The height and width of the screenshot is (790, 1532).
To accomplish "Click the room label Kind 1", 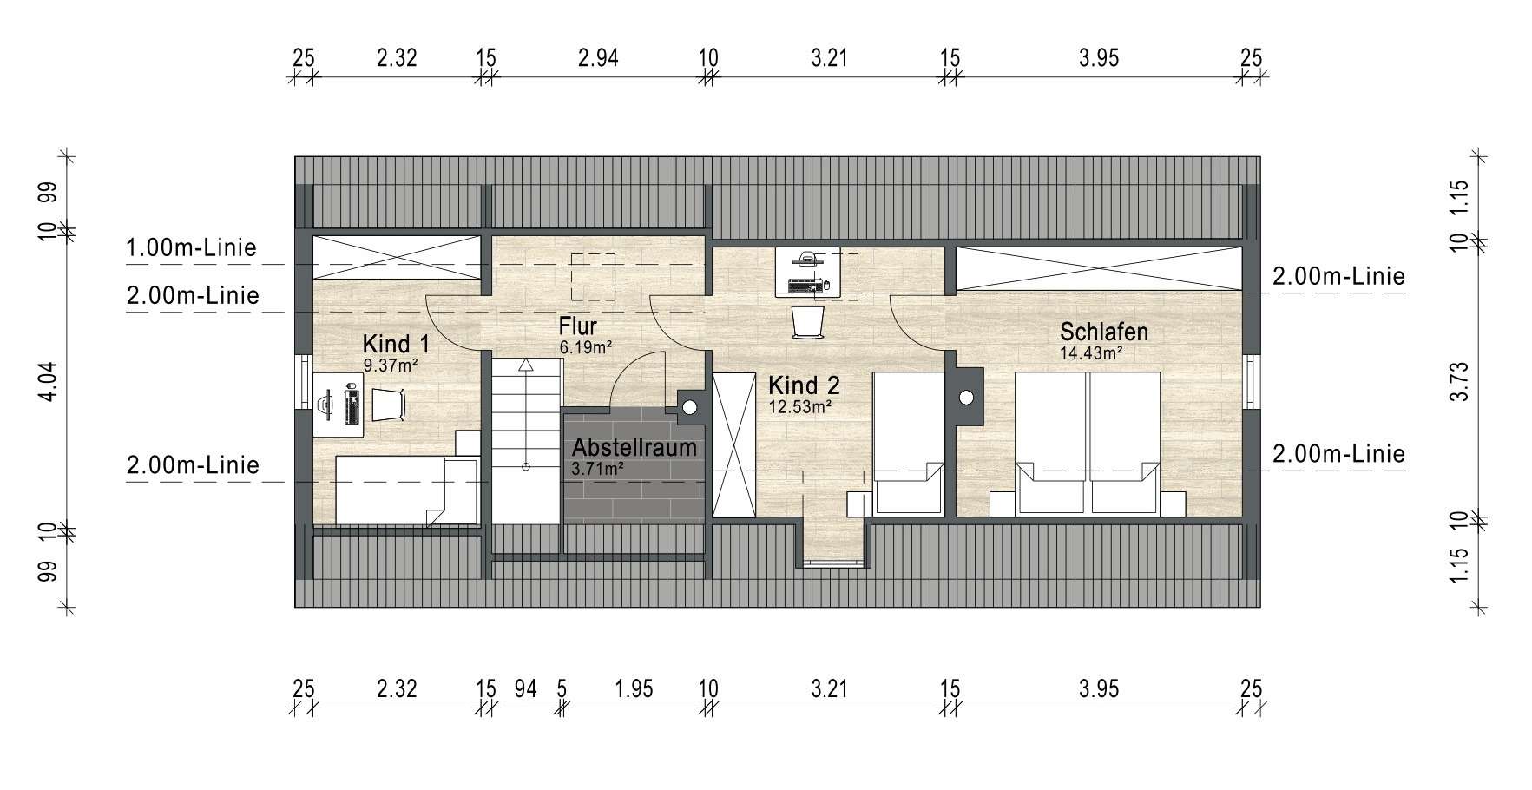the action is click(396, 344).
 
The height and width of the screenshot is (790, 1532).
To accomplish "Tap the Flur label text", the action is click(578, 327).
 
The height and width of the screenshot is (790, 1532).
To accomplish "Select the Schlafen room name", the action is click(1104, 332).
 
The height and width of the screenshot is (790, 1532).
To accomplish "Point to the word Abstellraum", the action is click(634, 448).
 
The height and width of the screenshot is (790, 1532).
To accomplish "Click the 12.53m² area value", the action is click(800, 405).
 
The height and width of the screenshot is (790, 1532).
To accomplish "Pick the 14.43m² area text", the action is click(1091, 353).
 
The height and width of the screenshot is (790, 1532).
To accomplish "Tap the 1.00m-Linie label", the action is click(192, 248).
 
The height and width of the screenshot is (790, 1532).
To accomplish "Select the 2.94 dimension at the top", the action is click(598, 58).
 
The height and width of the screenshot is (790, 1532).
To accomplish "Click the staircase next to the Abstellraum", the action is click(526, 440).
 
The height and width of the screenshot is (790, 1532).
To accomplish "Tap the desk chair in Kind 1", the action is click(389, 404).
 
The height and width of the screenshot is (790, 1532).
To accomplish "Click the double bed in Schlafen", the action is click(1088, 442).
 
